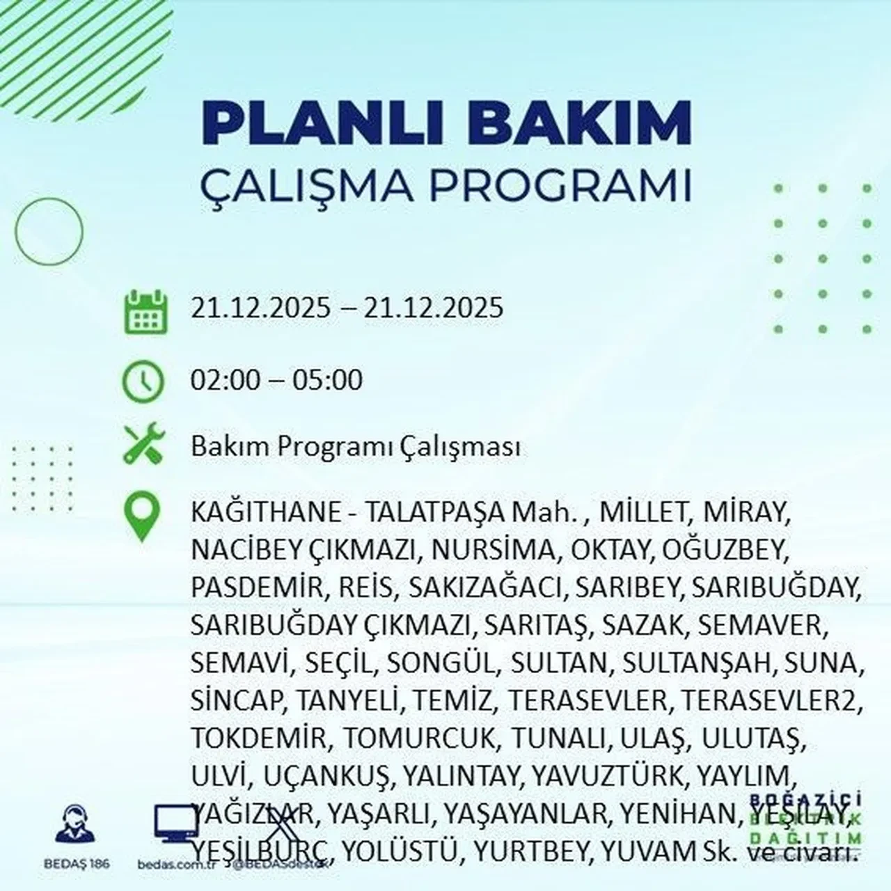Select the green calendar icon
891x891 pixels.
pos(145,313)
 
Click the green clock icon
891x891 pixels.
pos(143,382)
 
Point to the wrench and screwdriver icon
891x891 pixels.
pos(143,444)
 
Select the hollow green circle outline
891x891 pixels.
pos(49,230)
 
